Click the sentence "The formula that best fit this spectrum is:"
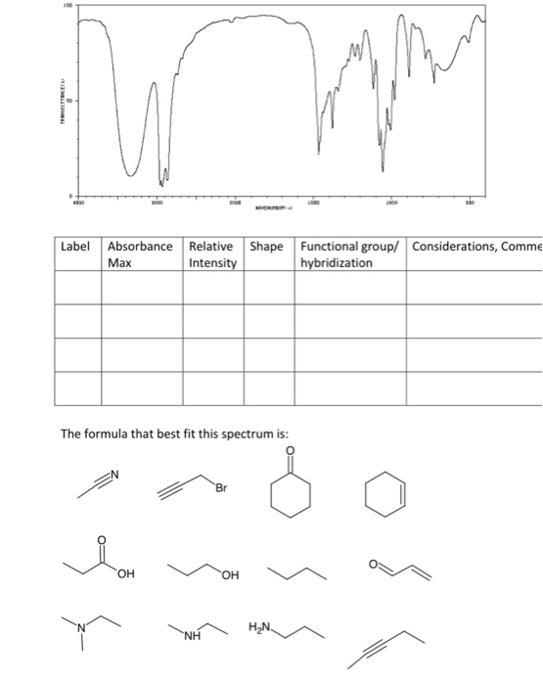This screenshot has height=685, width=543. pos(175,434)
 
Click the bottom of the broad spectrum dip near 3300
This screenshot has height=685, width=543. pos(134,173)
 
